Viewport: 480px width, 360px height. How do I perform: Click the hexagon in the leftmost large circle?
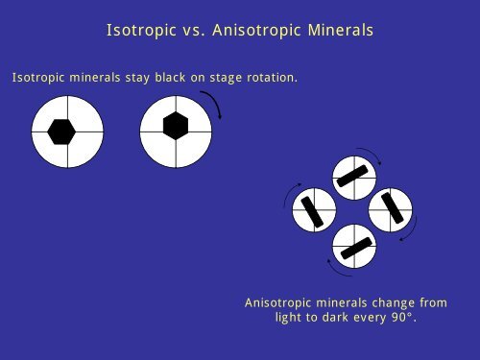coord(62,132)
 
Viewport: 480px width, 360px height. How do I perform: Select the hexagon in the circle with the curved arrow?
coord(176,126)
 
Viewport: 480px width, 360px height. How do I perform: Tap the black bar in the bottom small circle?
coord(354,246)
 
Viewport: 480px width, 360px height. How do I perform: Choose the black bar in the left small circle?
coord(313,211)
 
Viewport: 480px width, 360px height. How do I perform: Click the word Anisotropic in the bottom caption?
coord(279,302)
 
